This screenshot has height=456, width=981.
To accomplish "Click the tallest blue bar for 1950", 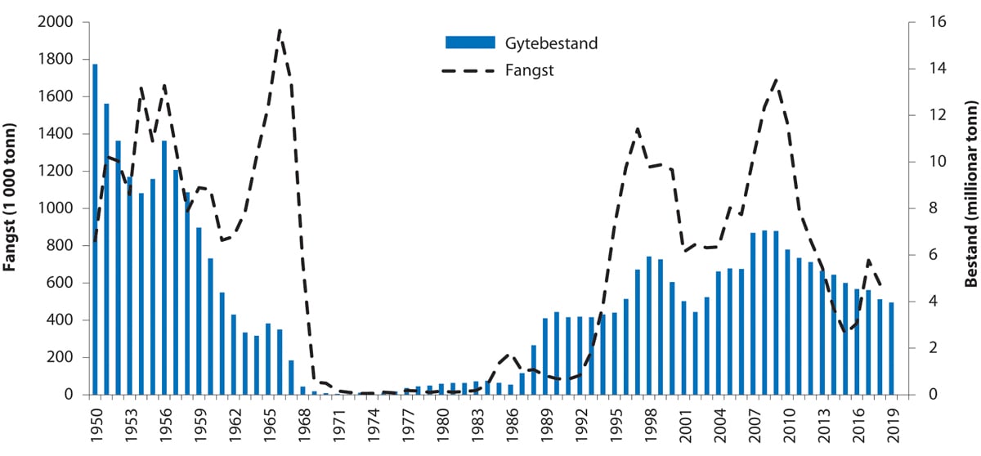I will click(95, 229).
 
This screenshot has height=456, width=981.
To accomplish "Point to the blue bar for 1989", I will click(545, 356).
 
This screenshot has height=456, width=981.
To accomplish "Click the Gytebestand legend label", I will click(551, 43).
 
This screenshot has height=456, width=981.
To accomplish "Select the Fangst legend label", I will click(530, 70).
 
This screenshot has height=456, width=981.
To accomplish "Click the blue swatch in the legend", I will click(470, 43).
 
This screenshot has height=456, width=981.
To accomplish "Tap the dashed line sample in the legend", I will click(470, 71).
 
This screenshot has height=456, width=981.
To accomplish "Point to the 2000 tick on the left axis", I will click(56, 22).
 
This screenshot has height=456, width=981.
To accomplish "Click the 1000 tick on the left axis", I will click(56, 208).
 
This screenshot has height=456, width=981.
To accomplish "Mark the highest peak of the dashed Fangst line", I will click(280, 30).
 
